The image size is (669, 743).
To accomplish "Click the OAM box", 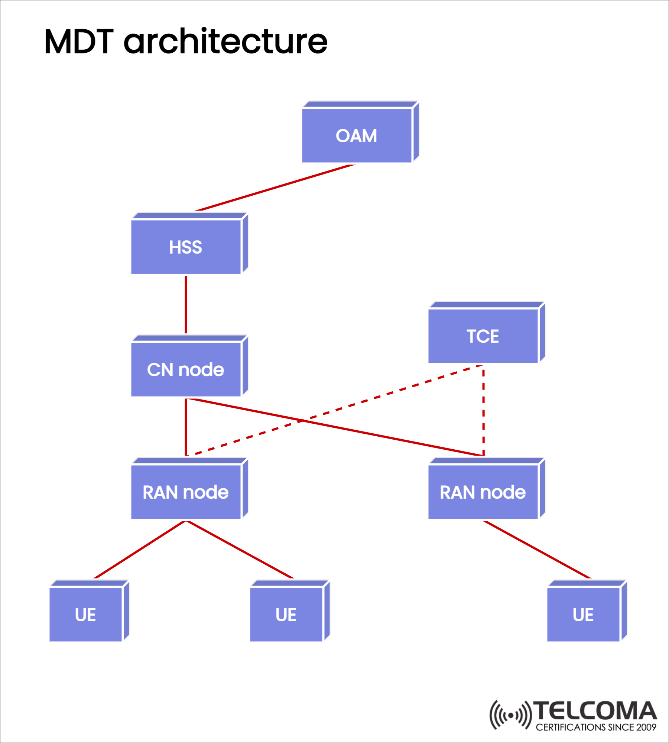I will [x=357, y=136].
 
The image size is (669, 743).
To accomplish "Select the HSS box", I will [x=186, y=247].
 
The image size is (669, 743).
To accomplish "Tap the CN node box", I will [x=186, y=369].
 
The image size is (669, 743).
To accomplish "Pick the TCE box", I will [x=483, y=336].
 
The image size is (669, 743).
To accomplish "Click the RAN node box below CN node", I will [x=186, y=492].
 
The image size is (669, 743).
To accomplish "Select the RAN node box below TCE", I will [x=483, y=492].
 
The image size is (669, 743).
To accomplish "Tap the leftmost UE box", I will [x=86, y=615].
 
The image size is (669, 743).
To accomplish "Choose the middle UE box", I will [x=286, y=615].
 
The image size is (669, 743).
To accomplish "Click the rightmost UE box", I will [x=583, y=615].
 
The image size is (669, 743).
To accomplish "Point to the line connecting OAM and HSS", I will [x=275, y=188].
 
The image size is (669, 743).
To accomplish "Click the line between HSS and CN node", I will [x=186, y=304].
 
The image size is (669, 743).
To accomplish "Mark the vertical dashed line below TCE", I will [x=483, y=410].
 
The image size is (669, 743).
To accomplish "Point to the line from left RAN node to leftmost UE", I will [x=140, y=550].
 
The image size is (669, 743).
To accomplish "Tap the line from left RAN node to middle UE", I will [x=240, y=550].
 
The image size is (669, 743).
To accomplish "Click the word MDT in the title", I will [x=79, y=42].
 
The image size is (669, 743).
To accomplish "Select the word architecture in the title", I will [x=225, y=42].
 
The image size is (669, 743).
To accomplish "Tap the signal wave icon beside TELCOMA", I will [x=511, y=715].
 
